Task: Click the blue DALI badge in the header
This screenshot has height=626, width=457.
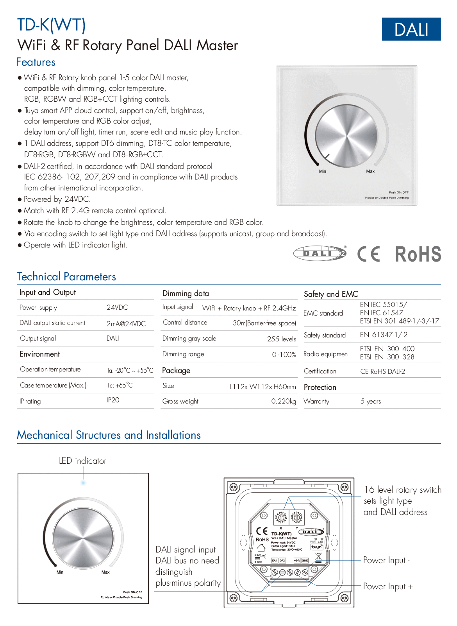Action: pyautogui.click(x=411, y=29)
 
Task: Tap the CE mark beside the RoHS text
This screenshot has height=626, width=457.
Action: pyautogui.click(x=368, y=254)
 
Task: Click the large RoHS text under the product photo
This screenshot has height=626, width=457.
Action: pyautogui.click(x=418, y=254)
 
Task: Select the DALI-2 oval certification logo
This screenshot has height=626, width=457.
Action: pyautogui.click(x=320, y=253)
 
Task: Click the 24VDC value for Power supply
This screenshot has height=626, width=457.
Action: pyautogui.click(x=117, y=307)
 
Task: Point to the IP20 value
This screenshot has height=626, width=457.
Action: pyautogui.click(x=113, y=400)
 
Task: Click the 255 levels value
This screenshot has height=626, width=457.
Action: pyautogui.click(x=281, y=339)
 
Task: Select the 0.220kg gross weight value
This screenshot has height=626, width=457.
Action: pyautogui.click(x=284, y=402)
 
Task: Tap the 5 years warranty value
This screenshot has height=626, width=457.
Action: pyautogui.click(x=370, y=402)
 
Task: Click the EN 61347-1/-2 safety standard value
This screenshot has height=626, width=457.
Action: pyautogui.click(x=384, y=335)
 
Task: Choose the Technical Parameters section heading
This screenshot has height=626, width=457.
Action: pyautogui.click(x=66, y=277)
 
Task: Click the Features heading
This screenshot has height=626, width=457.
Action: pyautogui.click(x=36, y=62)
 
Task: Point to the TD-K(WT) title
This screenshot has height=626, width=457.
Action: pyautogui.click(x=52, y=25)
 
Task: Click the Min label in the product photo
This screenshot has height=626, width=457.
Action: pyautogui.click(x=323, y=171)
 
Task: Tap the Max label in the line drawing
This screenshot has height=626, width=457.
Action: pyautogui.click(x=105, y=572)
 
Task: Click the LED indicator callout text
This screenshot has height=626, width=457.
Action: pyautogui.click(x=82, y=461)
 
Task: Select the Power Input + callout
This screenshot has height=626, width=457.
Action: pyautogui.click(x=388, y=587)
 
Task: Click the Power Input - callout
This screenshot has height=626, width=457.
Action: pyautogui.click(x=386, y=560)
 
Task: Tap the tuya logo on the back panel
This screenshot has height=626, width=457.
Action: pyautogui.click(x=316, y=547)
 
